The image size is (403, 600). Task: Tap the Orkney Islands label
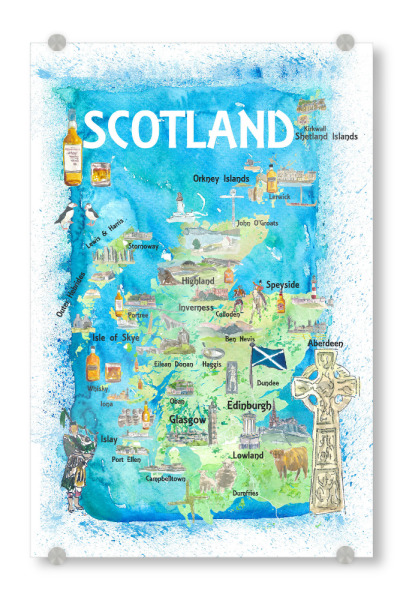pos(221,179)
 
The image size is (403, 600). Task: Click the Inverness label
pos(196,307)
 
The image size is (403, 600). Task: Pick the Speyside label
pos(282,285)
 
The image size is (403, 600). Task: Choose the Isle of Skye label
pos(116,338)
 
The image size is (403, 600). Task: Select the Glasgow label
pos(188,421)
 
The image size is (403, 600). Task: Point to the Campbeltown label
pos(165,479)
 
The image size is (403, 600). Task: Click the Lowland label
pos(247,455)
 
